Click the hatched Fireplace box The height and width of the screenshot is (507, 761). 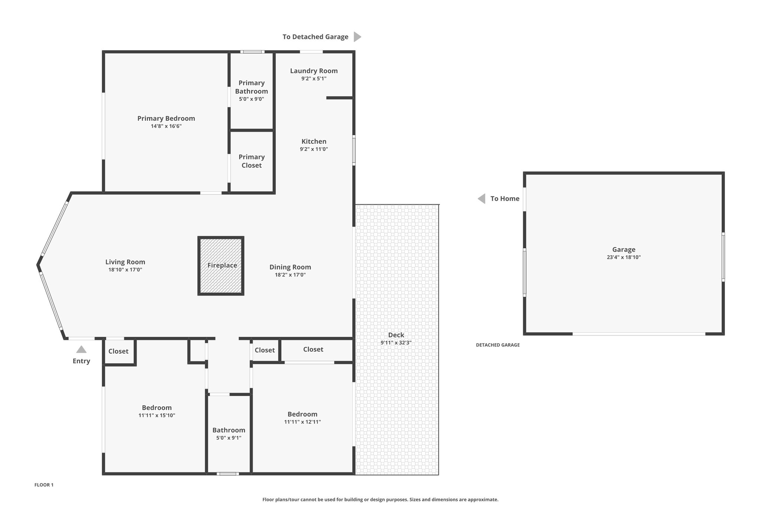tap(221, 266)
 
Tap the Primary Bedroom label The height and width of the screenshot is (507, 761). tap(166, 118)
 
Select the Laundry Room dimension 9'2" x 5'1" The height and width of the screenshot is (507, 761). tap(314, 79)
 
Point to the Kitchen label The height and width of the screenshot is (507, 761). tap(314, 142)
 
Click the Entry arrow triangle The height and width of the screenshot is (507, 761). tap(81, 350)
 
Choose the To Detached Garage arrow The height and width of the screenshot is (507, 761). tap(357, 37)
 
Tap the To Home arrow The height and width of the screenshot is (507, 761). tap(482, 199)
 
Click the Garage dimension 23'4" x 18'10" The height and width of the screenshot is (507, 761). tap(624, 257)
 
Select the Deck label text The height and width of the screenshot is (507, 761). tap(396, 335)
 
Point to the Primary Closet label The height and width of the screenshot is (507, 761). tap(252, 161)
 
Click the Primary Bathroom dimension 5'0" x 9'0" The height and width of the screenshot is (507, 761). tap(252, 99)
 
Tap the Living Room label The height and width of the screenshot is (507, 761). tap(125, 262)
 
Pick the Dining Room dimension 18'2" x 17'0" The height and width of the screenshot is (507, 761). tap(290, 275)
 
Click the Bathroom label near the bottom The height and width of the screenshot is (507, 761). tap(229, 430)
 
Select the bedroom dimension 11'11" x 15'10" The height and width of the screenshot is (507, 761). tap(157, 416)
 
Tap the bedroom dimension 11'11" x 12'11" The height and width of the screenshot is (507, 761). tap(302, 422)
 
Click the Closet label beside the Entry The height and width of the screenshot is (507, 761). tap(119, 351)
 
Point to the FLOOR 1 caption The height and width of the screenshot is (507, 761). tap(44, 485)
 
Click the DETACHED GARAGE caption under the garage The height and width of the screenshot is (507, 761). tap(498, 345)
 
